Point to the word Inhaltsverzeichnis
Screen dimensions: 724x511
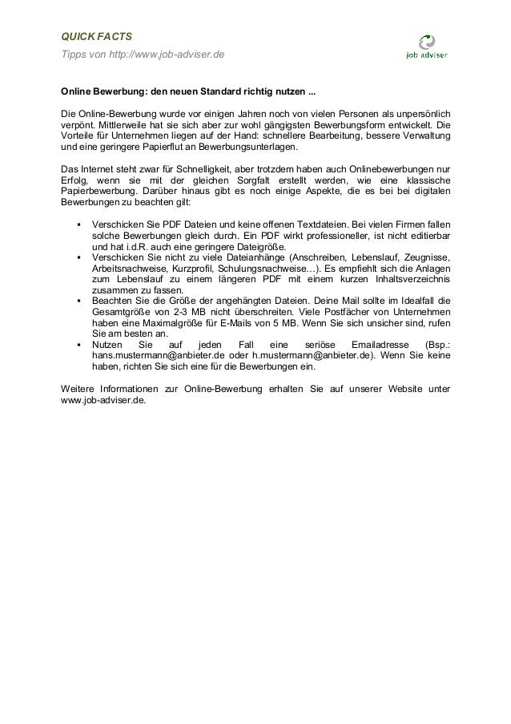pos(412,278)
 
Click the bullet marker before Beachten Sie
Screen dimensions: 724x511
pos(78,301)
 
